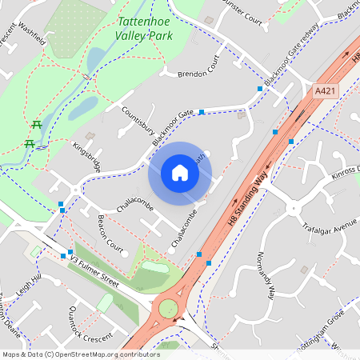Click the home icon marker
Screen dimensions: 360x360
pos(180,172)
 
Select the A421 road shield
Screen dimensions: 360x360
pos(325,91)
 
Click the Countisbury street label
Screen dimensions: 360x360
pos(138,125)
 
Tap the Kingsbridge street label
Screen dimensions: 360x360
pos(86,156)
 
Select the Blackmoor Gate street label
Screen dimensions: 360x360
pos(174,128)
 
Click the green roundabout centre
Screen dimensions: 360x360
pos(168,309)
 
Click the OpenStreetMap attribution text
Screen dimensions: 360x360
pos(80,354)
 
